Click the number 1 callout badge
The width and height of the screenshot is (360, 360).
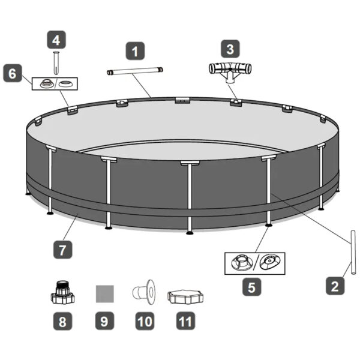pyautogui.click(x=135, y=51)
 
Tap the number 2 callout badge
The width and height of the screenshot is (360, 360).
pyautogui.click(x=335, y=286)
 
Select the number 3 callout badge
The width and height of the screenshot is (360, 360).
pyautogui.click(x=230, y=49)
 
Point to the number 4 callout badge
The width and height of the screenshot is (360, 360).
pyautogui.click(x=56, y=40)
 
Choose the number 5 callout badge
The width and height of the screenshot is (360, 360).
pyautogui.click(x=251, y=287)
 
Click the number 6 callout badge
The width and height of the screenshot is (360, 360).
pyautogui.click(x=13, y=73)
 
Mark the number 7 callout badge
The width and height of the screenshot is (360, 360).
pyautogui.click(x=62, y=250)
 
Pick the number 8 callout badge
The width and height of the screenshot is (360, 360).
pyautogui.click(x=62, y=321)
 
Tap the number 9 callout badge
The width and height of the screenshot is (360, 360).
pyautogui.click(x=104, y=321)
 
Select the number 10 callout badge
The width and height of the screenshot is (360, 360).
pyautogui.click(x=145, y=321)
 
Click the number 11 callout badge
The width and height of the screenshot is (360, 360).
pyautogui.click(x=185, y=321)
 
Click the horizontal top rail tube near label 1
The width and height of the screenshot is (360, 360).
pyautogui.click(x=135, y=70)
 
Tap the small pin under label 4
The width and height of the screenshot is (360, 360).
pyautogui.click(x=56, y=63)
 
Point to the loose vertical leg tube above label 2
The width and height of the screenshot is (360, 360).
pyautogui.click(x=353, y=253)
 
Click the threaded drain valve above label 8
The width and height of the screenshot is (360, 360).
pyautogui.click(x=62, y=292)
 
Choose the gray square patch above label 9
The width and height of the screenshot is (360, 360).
pyautogui.click(x=104, y=294)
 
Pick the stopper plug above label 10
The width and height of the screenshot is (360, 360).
pyautogui.click(x=144, y=292)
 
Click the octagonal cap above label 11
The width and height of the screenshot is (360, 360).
pyautogui.click(x=185, y=297)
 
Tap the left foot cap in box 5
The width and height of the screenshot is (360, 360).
pyautogui.click(x=242, y=263)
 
